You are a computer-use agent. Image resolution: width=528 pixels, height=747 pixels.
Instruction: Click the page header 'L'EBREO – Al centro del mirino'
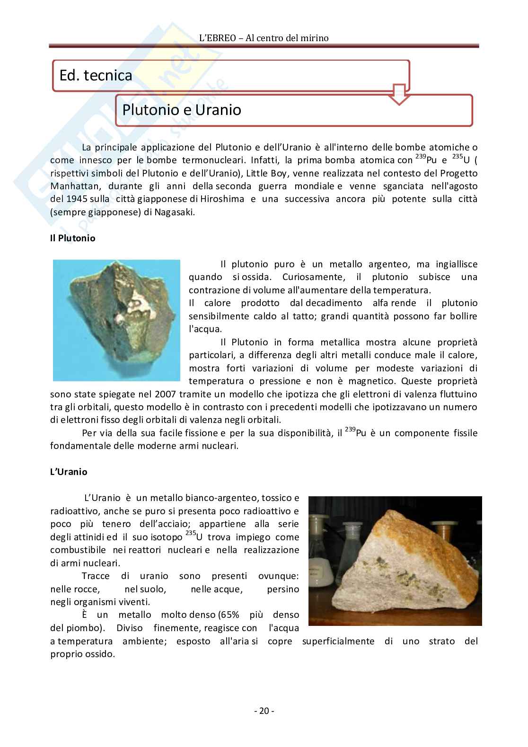point(264,38)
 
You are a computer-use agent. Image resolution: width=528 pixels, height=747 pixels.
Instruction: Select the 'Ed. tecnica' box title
point(96,75)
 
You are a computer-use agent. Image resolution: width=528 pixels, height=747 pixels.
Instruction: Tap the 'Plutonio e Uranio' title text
point(182,110)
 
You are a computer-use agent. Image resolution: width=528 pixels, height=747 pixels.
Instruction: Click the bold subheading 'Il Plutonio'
point(72,238)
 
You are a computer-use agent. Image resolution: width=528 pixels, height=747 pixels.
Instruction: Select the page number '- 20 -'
point(264,711)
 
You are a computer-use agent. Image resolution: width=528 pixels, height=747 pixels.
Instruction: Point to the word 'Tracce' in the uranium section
point(96,576)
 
